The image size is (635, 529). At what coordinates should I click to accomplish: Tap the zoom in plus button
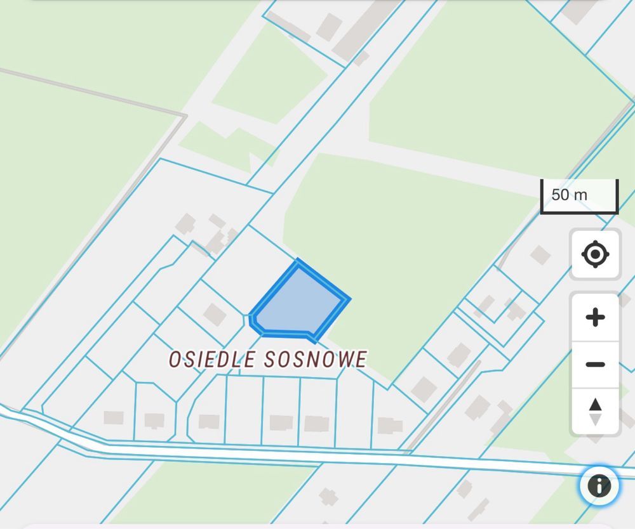tap(595, 317)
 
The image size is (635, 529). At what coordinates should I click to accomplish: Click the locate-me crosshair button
tap(595, 254)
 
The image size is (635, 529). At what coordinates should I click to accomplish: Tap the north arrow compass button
tap(595, 411)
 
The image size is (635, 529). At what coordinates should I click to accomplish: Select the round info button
tap(599, 487)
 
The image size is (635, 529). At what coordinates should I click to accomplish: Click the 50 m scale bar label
tap(570, 195)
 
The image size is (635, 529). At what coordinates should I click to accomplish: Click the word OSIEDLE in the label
tap(211, 360)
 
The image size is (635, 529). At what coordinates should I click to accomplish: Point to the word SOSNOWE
tap(314, 360)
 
